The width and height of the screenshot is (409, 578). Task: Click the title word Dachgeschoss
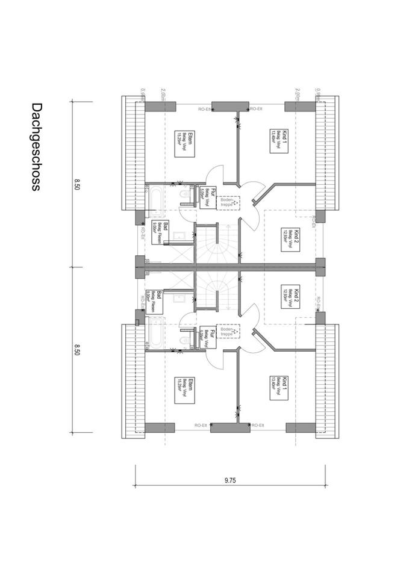(x=36, y=146)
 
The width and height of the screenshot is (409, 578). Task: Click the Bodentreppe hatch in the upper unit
(x=228, y=202)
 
